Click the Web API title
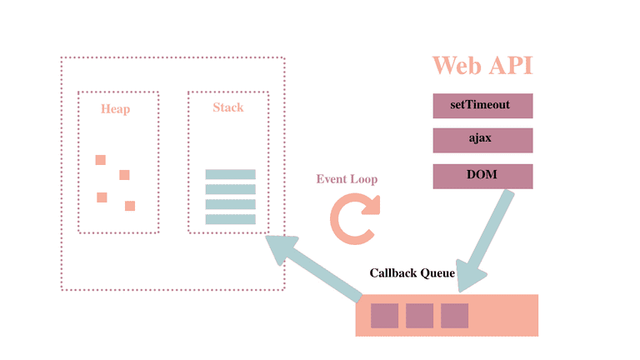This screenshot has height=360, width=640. (482, 66)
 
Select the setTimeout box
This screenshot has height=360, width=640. (482, 107)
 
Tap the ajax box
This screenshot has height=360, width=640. (482, 140)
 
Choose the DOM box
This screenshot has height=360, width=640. (482, 176)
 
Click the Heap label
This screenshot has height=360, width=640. (116, 108)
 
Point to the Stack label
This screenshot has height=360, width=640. (227, 107)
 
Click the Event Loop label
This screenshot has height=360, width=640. (347, 179)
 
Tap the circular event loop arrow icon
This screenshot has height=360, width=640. (354, 219)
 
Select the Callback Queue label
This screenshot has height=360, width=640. (412, 272)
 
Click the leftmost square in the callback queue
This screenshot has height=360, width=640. (384, 316)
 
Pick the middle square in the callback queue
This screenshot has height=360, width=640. (419, 316)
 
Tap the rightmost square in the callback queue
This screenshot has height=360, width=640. (454, 316)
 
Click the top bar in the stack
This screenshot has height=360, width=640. (230, 174)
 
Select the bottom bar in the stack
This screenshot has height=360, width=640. (230, 219)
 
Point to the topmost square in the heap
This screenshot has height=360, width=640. (101, 160)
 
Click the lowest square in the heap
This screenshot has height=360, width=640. (130, 206)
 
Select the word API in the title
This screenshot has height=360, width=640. (511, 66)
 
